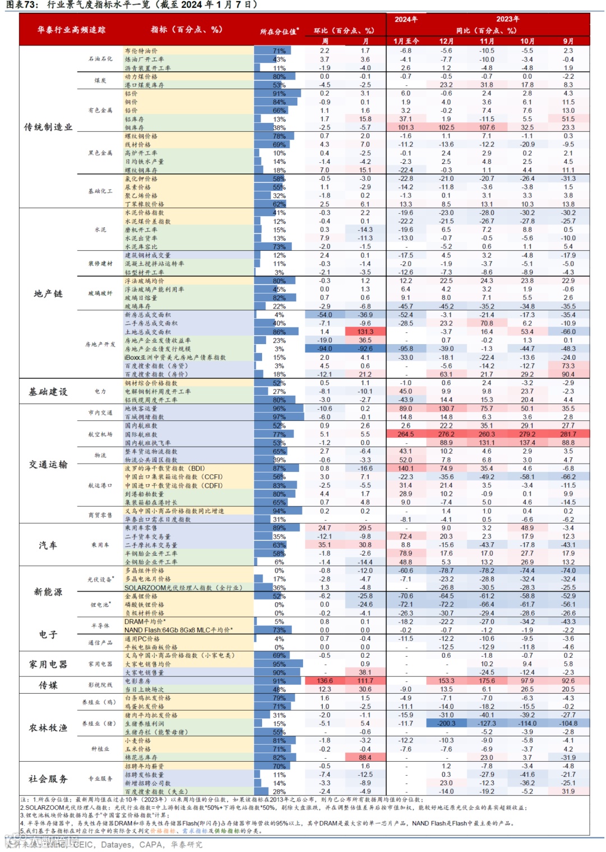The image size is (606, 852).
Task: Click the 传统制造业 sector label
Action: [x=48, y=127]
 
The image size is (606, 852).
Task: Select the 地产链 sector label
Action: [x=48, y=294]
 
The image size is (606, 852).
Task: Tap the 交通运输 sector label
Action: [x=48, y=464]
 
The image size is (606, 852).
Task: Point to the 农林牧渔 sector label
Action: [x=48, y=728]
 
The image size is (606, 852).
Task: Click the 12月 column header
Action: [x=446, y=41]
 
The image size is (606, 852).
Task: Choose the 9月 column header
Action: [x=568, y=41]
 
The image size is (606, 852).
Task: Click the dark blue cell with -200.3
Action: [x=446, y=723]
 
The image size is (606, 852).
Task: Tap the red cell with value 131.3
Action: [x=365, y=332]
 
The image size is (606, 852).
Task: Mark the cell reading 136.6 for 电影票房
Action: [x=325, y=681]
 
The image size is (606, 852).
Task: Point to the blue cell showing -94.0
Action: [x=325, y=349]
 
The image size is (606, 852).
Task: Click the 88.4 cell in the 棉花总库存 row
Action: [x=365, y=758]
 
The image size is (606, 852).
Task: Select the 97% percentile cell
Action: [x=279, y=417]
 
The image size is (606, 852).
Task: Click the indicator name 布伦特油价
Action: [x=141, y=51]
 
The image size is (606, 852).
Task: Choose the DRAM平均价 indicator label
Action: [x=144, y=621]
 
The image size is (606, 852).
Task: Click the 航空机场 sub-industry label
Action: [x=100, y=434]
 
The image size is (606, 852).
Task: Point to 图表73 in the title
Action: [x=22, y=5]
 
